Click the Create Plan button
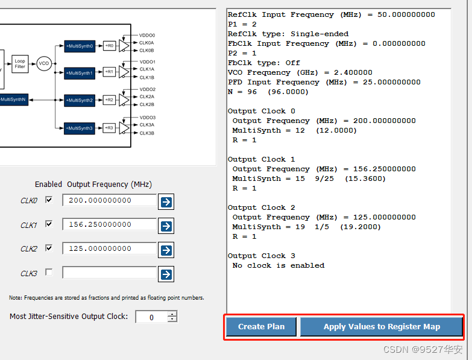261,327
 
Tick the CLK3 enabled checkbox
49,272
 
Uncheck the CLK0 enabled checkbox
49,200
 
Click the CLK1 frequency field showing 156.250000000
109,224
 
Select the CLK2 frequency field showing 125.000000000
109,248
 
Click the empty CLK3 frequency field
109,273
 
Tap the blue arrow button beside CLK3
166,274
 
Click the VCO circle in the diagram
44,63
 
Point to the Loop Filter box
20,64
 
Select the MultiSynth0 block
80,46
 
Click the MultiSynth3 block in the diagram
80,128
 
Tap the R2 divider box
109,99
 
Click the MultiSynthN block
14,99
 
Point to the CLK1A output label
147,69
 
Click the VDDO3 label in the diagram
148,118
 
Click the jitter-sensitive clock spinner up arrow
172,314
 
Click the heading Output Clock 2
261,207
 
